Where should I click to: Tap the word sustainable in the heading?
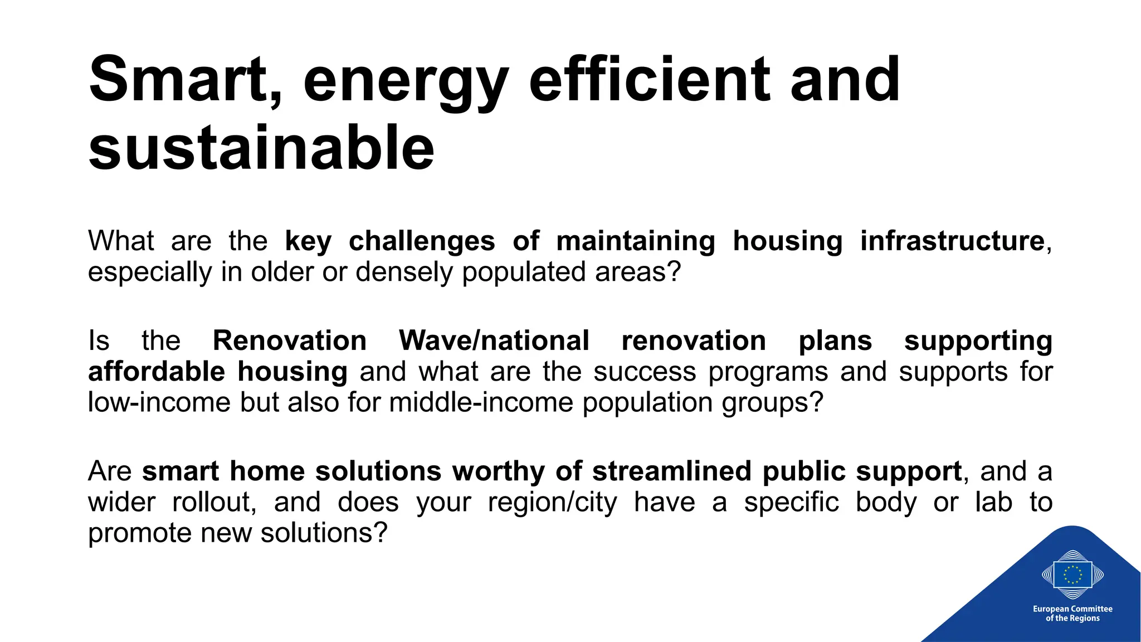tap(261, 148)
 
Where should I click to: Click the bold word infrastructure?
tap(952, 241)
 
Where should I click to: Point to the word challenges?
tap(422, 241)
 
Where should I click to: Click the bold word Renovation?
tap(290, 341)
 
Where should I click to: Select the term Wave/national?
tap(494, 341)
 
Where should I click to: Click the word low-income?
tap(159, 402)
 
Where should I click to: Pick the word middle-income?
tap(481, 402)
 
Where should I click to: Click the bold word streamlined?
tap(672, 471)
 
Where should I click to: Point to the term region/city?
tap(553, 502)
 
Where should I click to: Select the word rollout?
tap(214, 502)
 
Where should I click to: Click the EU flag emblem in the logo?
tap(1072, 575)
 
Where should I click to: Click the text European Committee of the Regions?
tap(1072, 614)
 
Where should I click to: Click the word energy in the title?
tap(405, 81)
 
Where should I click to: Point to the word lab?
tap(993, 502)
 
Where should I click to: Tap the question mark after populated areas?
tap(675, 273)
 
